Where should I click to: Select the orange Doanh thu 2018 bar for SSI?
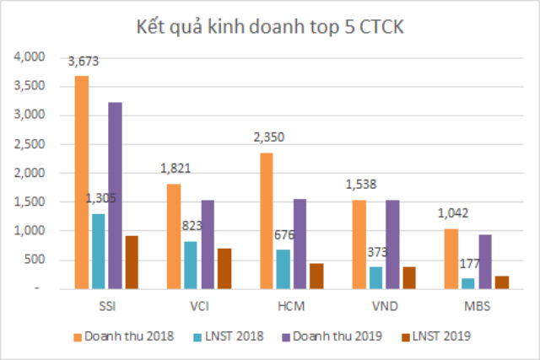[82, 182]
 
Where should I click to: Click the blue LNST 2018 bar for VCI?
[191, 265]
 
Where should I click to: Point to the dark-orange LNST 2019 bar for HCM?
[318, 276]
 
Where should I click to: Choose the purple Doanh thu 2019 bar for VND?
[392, 244]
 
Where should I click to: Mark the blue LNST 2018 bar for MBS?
[468, 283]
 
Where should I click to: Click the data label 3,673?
[83, 62]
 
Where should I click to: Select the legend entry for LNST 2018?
[229, 336]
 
